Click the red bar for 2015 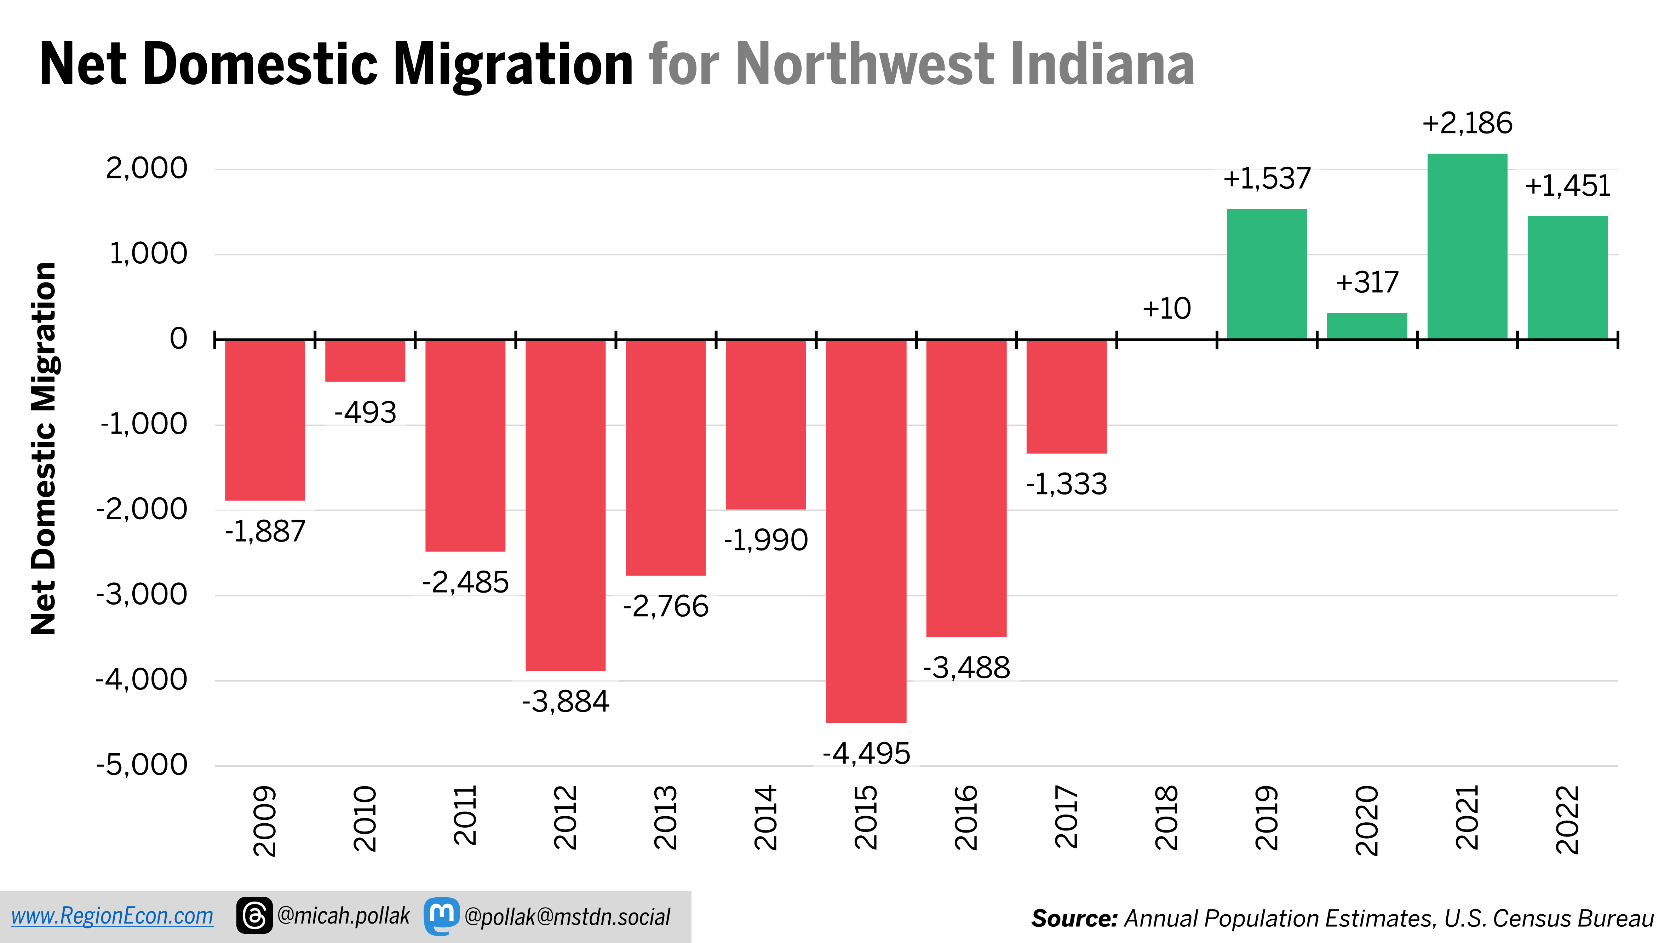[866, 531]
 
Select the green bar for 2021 [1467, 246]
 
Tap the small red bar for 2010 [365, 361]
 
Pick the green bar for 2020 [1367, 326]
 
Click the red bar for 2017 [1066, 396]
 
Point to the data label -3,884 [566, 702]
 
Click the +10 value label [1166, 308]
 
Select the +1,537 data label [1267, 178]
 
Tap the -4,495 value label [866, 754]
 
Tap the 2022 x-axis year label [1567, 819]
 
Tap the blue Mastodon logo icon [442, 916]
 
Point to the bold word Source [1074, 918]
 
